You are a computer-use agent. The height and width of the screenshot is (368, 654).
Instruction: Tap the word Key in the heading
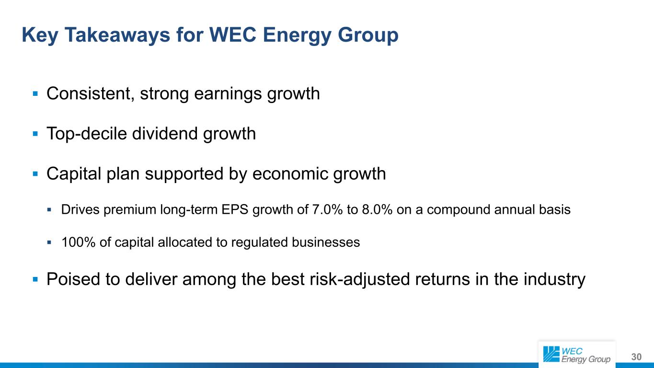[40, 35]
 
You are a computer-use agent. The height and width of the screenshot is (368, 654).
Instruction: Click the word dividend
[165, 134]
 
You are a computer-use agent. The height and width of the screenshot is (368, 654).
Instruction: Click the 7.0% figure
[327, 210]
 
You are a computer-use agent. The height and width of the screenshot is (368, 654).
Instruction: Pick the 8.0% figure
[377, 210]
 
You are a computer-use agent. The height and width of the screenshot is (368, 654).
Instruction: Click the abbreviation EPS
[235, 210]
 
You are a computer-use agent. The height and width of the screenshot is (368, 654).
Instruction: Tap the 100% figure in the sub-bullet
[78, 242]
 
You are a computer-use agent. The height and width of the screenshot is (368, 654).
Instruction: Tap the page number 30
[636, 357]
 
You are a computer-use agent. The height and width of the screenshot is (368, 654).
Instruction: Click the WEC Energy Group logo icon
[551, 354]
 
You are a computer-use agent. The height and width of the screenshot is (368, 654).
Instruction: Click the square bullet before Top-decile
[35, 134]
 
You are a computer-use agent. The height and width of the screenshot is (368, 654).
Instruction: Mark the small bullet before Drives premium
[49, 210]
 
